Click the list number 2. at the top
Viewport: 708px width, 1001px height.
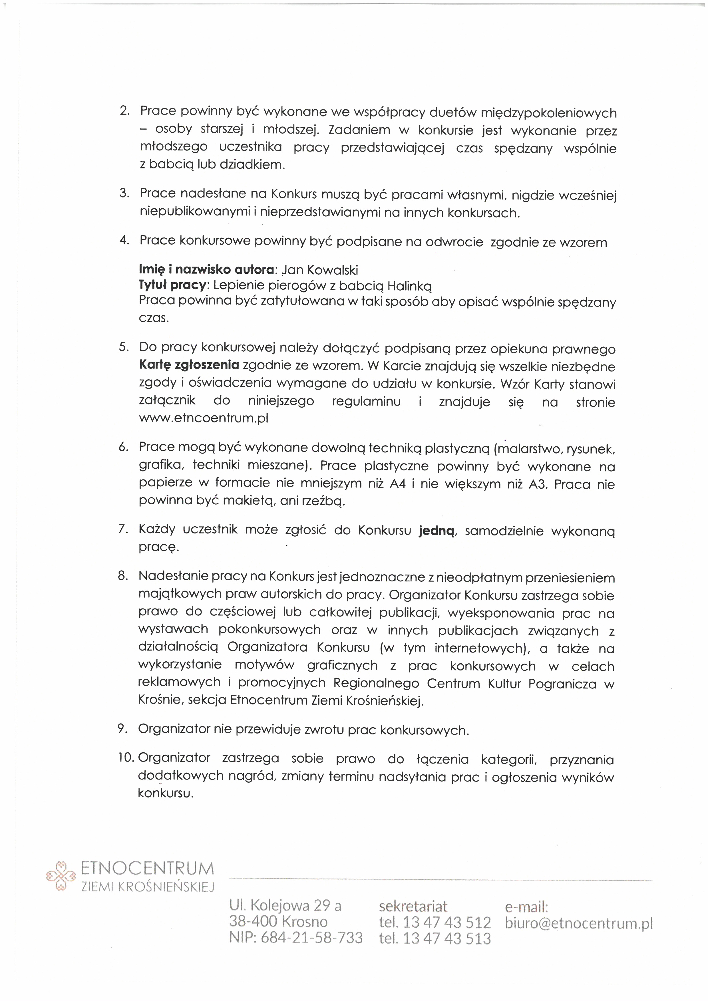tap(125, 111)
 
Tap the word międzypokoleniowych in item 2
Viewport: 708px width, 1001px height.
tap(548, 113)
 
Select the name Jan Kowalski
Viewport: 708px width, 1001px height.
tap(320, 270)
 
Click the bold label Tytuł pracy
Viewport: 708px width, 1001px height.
tap(172, 285)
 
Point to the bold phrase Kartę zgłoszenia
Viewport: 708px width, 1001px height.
tap(189, 365)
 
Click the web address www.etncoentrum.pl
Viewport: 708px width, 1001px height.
tap(204, 418)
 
